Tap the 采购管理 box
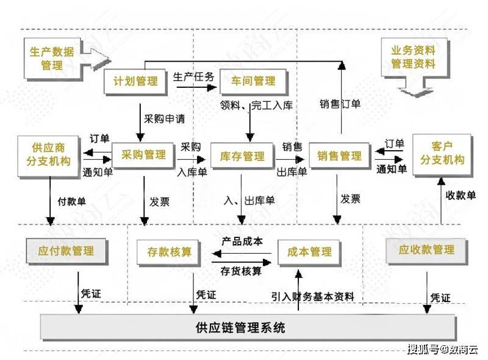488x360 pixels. click(143, 155)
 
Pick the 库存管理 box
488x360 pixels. click(242, 156)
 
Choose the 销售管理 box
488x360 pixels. click(339, 156)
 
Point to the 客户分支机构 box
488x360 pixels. click(442, 153)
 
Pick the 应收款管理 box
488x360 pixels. click(426, 250)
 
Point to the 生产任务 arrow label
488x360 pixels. click(193, 77)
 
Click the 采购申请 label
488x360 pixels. click(162, 118)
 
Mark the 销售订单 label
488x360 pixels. click(340, 104)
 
